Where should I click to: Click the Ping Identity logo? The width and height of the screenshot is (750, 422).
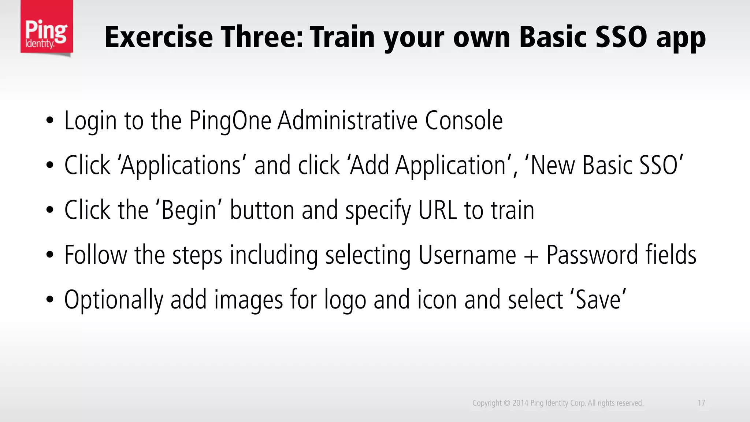click(47, 28)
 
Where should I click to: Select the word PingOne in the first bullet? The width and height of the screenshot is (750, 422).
click(230, 121)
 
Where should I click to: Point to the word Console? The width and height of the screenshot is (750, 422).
click(464, 121)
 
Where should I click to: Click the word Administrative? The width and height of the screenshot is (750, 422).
click(347, 121)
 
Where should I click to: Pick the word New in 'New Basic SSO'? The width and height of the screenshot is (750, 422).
click(553, 166)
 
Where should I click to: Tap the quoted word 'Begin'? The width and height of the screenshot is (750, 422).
click(189, 211)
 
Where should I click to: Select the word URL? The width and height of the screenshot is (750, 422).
click(438, 211)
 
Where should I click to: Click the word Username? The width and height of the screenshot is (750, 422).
click(467, 255)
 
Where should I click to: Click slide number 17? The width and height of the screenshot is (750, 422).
click(701, 403)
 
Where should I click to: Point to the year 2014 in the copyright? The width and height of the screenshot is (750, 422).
click(520, 403)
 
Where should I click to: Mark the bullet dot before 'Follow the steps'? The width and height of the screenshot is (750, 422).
click(50, 255)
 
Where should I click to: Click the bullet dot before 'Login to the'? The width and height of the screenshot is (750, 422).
click(50, 121)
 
